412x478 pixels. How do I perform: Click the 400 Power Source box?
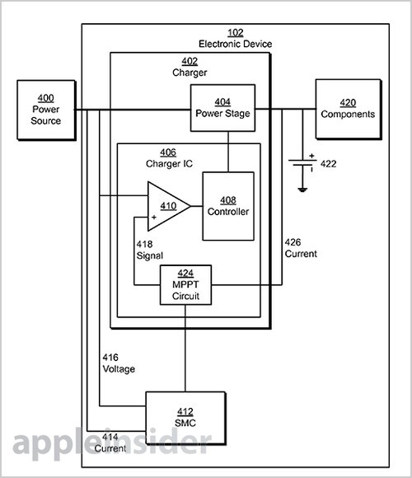46,110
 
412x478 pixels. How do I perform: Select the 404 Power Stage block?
222,108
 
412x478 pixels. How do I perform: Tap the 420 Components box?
349,109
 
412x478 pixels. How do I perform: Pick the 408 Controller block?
228,206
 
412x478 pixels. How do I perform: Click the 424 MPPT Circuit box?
185,284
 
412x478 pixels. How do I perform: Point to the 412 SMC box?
185,418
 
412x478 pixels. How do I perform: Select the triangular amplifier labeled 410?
169,206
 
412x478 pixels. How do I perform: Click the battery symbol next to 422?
302,162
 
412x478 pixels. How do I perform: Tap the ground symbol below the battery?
302,190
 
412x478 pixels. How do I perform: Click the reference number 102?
236,33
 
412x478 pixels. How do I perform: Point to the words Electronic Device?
236,44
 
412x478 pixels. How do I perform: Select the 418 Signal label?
150,250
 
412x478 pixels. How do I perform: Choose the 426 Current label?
301,248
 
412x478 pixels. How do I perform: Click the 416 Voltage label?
119,363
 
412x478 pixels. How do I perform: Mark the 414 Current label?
110,443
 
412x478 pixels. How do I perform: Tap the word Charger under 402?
190,73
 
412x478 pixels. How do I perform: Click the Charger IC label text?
169,164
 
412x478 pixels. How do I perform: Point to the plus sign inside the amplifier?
154,218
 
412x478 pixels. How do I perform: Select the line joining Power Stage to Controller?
228,152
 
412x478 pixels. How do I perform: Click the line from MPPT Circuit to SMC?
185,348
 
